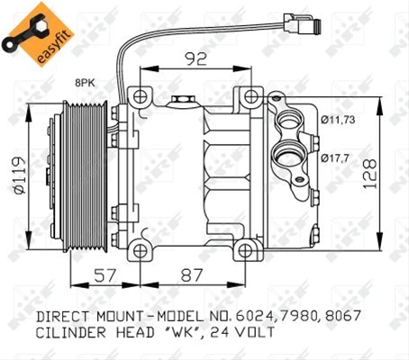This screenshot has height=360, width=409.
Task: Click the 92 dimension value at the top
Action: click(x=195, y=58)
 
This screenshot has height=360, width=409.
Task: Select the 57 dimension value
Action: click(x=105, y=275)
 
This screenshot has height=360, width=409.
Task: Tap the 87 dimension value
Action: click(x=192, y=275)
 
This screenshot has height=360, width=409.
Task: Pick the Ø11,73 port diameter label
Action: click(x=338, y=120)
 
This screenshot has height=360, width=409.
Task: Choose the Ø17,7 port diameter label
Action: click(x=335, y=157)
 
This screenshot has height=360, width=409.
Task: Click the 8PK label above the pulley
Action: click(x=85, y=83)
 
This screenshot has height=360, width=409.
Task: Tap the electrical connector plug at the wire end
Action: click(x=302, y=23)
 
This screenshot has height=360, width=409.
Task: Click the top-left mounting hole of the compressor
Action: click(x=140, y=96)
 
